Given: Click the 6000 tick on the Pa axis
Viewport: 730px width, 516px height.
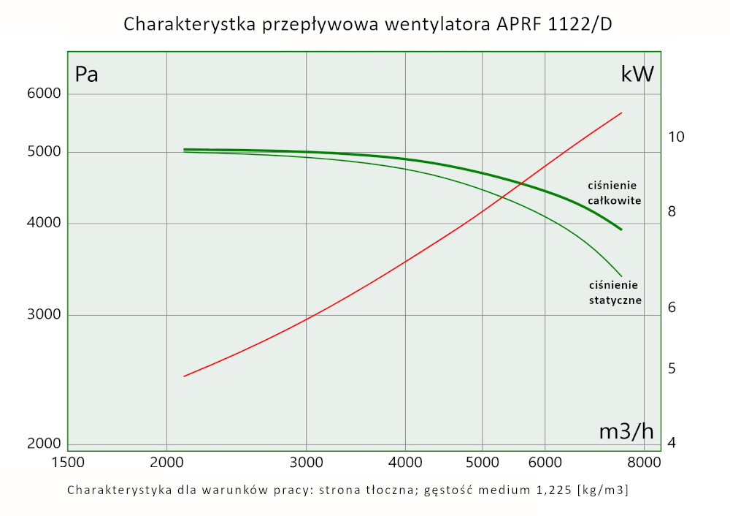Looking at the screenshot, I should pyautogui.click(x=45, y=94).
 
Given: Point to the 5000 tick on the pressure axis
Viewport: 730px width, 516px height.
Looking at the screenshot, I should pyautogui.click(x=45, y=152).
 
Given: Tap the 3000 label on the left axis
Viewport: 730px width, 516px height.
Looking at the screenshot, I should pyautogui.click(x=45, y=315).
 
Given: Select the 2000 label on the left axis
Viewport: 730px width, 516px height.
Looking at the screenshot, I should pyautogui.click(x=45, y=444).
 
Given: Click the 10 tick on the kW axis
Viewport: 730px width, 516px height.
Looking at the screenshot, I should pyautogui.click(x=676, y=137).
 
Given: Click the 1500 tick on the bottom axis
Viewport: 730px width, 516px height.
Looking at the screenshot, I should pyautogui.click(x=67, y=462).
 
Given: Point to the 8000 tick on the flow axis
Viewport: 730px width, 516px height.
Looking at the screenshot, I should pyautogui.click(x=644, y=462).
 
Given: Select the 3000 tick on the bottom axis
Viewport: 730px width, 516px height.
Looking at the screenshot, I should pyautogui.click(x=306, y=462).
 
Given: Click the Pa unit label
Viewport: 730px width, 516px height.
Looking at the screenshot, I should pyautogui.click(x=87, y=75).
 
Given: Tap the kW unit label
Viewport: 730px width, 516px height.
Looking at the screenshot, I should pyautogui.click(x=637, y=74).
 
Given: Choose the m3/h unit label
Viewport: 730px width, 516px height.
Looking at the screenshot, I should pyautogui.click(x=626, y=431).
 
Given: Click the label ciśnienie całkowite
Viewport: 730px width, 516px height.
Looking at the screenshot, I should pyautogui.click(x=614, y=192).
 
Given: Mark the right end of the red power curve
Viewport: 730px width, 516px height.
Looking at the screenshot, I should pyautogui.click(x=621, y=113).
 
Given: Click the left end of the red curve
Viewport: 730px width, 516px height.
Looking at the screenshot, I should pyautogui.click(x=184, y=376).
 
